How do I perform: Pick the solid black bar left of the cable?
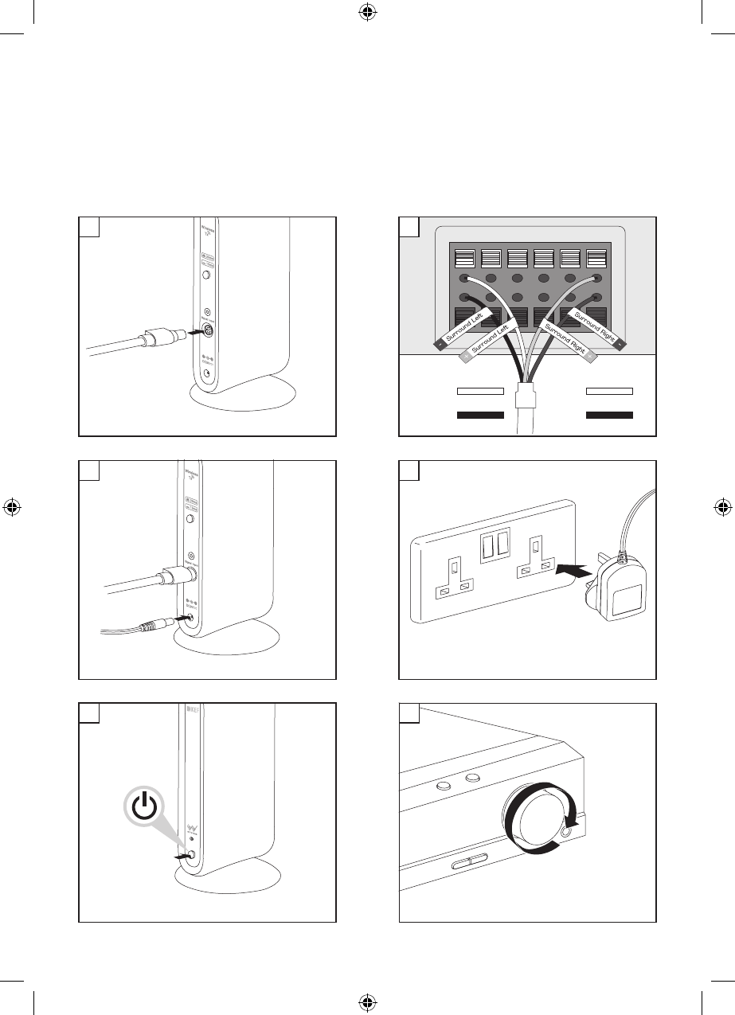point(480,415)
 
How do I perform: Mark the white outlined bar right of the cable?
point(609,392)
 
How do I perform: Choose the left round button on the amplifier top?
point(444,785)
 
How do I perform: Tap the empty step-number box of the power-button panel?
point(89,712)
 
